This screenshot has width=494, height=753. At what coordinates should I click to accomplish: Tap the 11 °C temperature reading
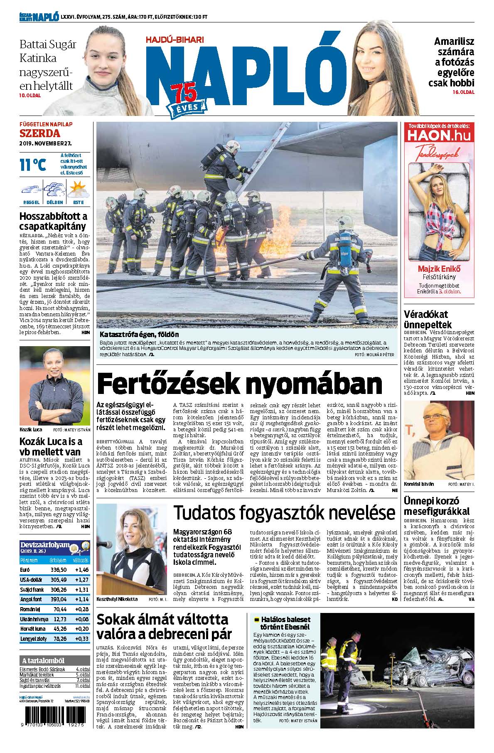coord(33,165)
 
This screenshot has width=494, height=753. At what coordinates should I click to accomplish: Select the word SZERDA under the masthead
coord(40,133)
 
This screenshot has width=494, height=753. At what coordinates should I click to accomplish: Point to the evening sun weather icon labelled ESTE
coord(78,190)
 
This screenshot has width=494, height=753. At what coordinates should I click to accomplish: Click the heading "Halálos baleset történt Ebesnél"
coord(285,623)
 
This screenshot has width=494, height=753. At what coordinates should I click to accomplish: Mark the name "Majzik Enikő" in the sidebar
coord(439,268)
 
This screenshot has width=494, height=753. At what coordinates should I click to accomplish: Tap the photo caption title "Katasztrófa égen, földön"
coord(140,334)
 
